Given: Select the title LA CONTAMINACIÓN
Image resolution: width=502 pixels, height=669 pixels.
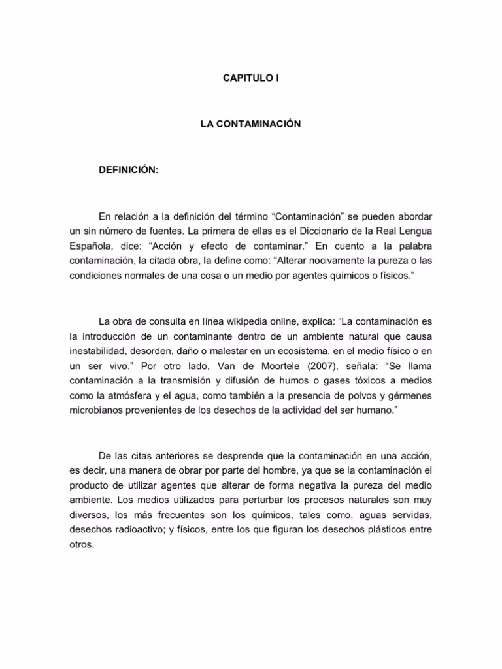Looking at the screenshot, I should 251,123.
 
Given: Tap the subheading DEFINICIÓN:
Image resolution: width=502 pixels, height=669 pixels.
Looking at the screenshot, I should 128,170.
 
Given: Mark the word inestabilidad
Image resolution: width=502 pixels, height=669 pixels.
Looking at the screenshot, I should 99,351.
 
